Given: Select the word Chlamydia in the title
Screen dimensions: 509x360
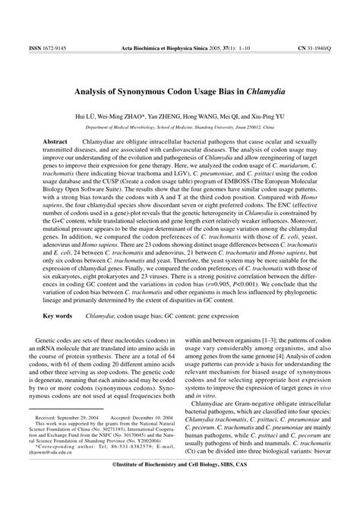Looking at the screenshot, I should (251, 92).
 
